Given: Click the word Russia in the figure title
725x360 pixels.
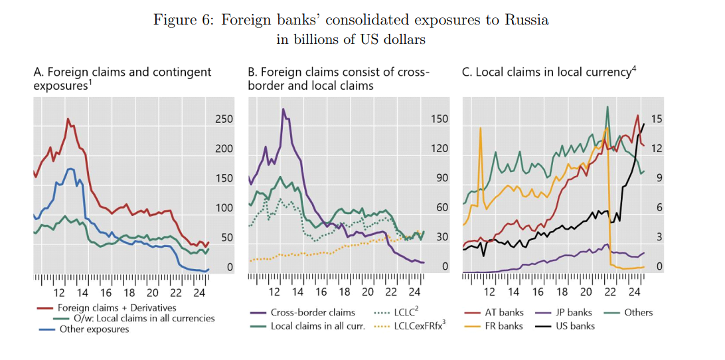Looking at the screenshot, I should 526,19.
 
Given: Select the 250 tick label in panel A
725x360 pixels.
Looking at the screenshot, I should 224,119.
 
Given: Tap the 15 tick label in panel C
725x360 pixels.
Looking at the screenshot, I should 656,119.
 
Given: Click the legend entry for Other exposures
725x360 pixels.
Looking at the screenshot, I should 94,329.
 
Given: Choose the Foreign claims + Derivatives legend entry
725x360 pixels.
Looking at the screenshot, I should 117,308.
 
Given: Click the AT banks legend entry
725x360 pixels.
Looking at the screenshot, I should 503,312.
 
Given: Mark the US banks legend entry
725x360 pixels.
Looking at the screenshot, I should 574,326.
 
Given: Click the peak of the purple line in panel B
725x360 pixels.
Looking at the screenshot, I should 283,110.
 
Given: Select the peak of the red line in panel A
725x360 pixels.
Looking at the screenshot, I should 68,120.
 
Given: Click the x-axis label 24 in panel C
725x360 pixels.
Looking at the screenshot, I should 633,292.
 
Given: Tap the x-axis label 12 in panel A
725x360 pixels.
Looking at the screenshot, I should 59,292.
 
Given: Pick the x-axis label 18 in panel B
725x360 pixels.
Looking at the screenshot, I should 344,292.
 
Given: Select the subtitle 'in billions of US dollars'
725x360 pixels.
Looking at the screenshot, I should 351,39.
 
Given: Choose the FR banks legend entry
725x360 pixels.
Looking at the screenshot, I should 503,326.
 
